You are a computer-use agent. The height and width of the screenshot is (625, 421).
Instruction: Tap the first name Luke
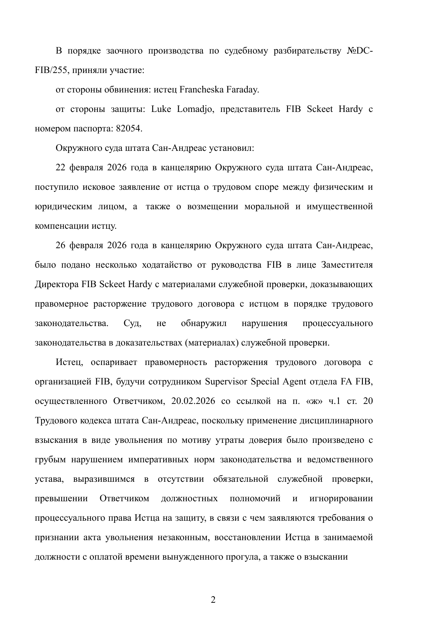(x=159, y=109)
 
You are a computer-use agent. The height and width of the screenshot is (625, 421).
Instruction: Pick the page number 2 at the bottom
(x=213, y=600)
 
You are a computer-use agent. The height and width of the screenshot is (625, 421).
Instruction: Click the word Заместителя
(x=347, y=265)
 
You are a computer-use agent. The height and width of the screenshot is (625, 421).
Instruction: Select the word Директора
(x=57, y=285)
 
